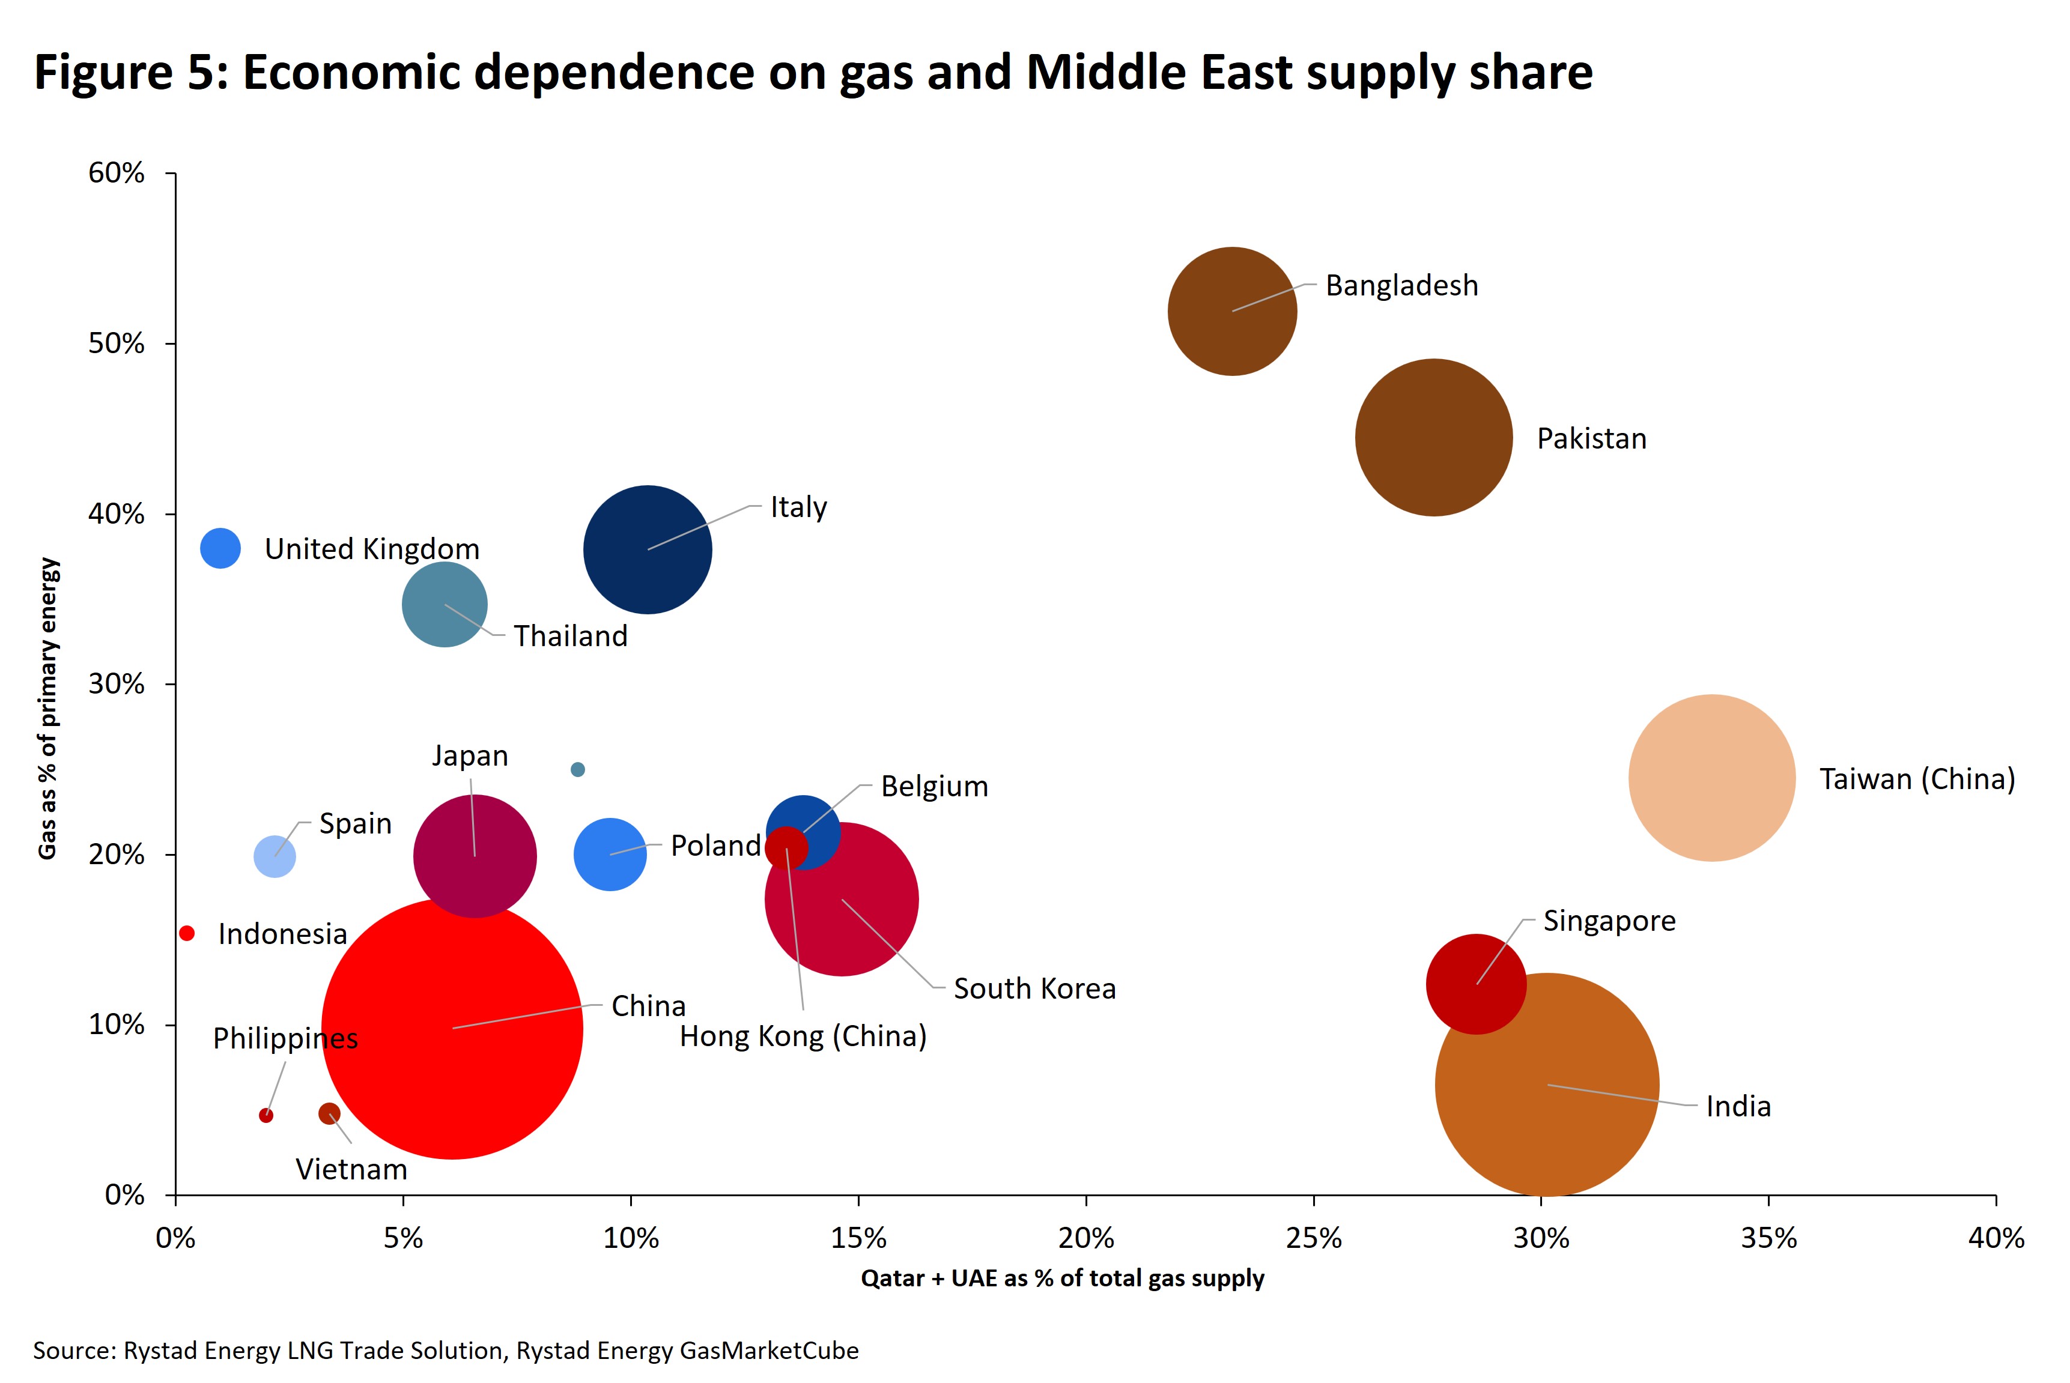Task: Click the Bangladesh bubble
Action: [1232, 310]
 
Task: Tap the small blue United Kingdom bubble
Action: [220, 549]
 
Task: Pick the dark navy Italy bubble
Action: [648, 549]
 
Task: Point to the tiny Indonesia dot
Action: [186, 933]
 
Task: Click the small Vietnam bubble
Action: [329, 1113]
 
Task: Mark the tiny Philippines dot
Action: [266, 1116]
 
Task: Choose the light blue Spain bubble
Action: [275, 856]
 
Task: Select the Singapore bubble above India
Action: [1475, 984]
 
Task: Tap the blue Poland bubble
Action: [610, 854]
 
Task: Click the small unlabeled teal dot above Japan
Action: [577, 769]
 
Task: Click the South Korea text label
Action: [1034, 988]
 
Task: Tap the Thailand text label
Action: [570, 636]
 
